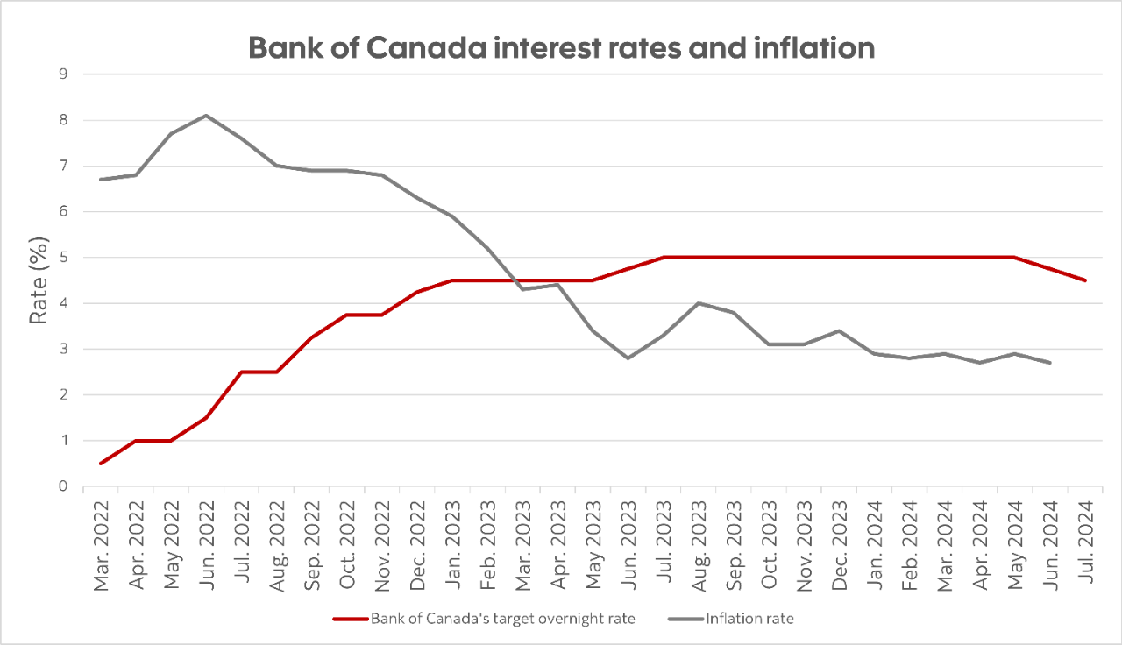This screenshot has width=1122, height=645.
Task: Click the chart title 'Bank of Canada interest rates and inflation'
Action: [561, 47]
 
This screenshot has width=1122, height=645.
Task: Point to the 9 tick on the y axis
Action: [62, 74]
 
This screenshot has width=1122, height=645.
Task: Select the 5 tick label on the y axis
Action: [62, 258]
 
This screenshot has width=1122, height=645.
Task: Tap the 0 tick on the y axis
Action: [62, 486]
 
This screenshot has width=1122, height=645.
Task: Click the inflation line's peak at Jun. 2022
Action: [206, 116]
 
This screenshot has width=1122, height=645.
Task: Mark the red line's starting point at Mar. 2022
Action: [101, 464]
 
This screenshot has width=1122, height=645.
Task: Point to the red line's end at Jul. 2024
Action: [1085, 280]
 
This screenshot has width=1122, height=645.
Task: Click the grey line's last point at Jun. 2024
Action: [1050, 363]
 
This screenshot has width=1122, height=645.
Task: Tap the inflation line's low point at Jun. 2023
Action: [628, 358]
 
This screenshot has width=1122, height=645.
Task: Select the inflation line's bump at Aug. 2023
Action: [699, 303]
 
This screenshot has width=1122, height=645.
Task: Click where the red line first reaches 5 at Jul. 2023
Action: [664, 258]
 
